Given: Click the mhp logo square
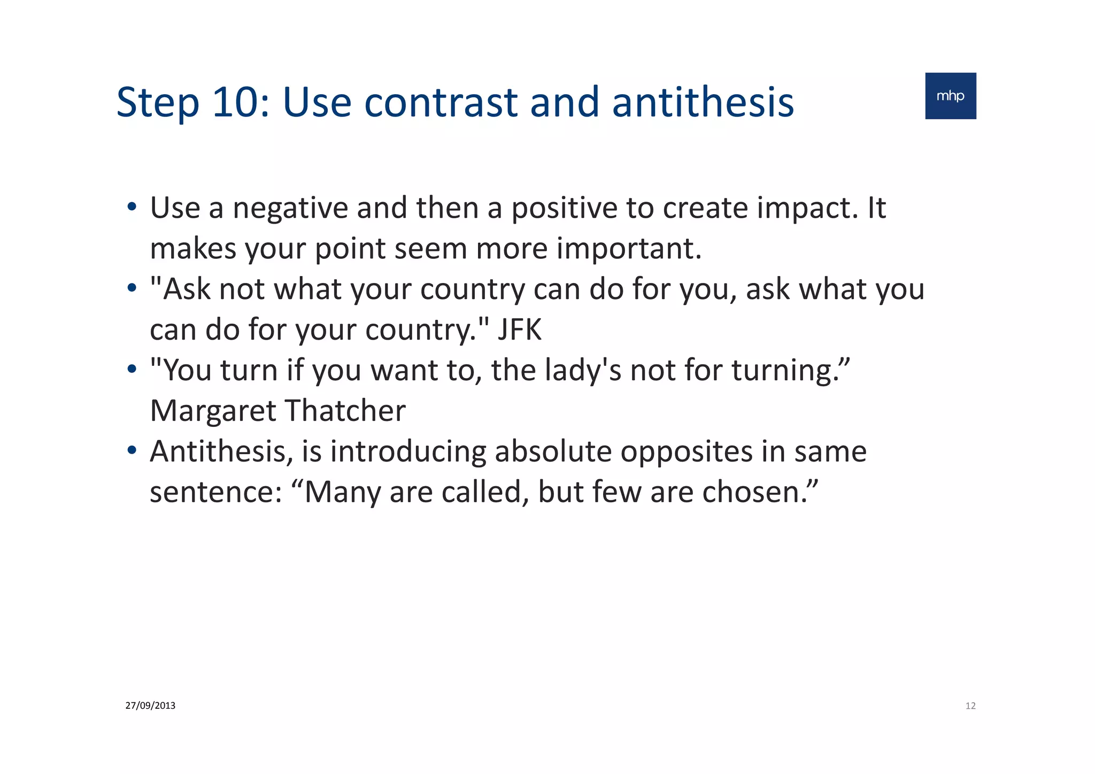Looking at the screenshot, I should click(x=950, y=96).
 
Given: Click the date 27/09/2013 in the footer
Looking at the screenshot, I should click(x=150, y=706).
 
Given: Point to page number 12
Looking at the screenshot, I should click(x=970, y=706).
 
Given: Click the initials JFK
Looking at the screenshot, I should click(x=519, y=329).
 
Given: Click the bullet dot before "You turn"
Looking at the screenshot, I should click(x=132, y=370).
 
